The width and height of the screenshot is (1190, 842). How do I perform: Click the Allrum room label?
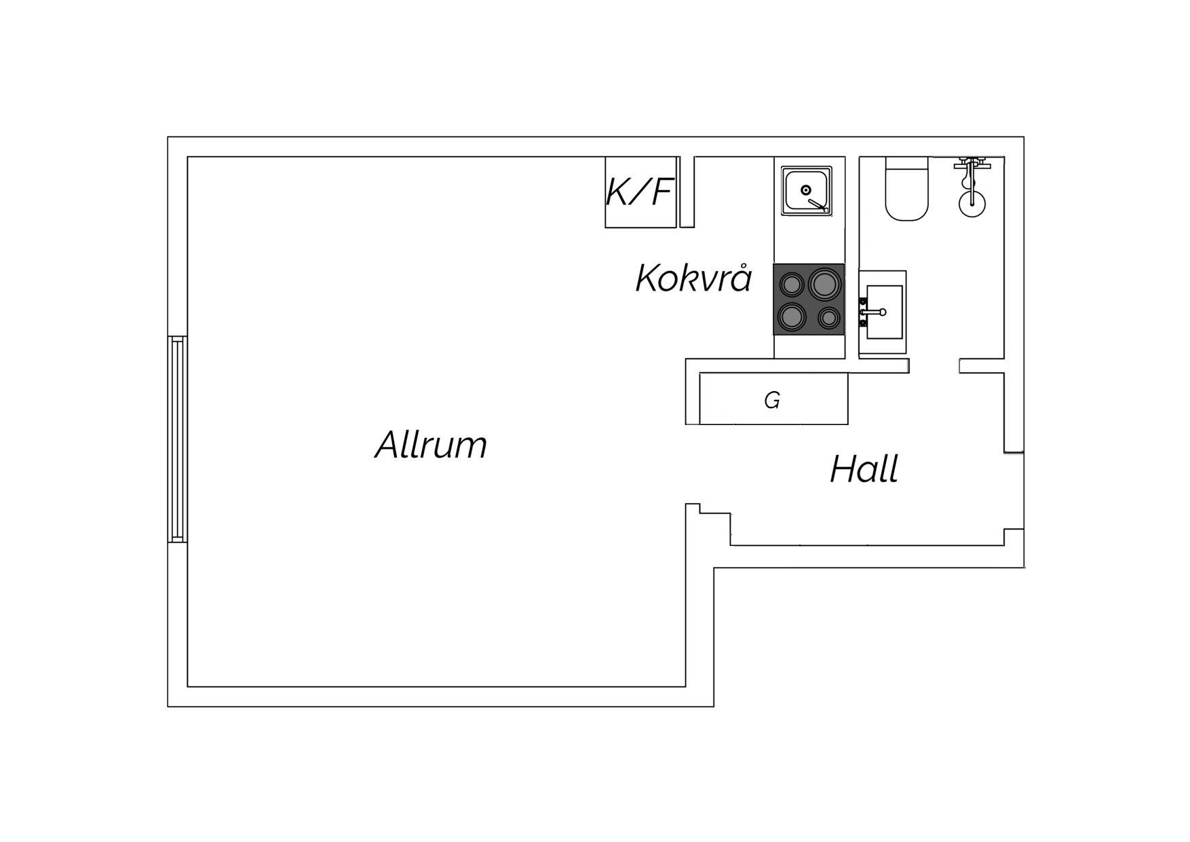431,445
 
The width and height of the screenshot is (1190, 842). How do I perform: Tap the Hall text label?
864,469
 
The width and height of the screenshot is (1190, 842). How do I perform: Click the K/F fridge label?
639,191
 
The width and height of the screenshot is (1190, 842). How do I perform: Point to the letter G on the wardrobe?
772,401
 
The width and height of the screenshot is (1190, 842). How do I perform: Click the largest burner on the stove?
824,285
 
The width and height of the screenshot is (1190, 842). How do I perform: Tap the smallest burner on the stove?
828,317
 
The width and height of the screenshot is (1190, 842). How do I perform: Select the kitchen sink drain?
806,190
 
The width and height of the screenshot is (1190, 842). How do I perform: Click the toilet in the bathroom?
906,188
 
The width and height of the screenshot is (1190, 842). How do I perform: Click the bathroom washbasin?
883,312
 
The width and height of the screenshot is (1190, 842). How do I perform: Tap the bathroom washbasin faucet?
873,312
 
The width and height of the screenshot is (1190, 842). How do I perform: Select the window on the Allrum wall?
178,439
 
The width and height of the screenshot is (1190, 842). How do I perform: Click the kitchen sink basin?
806,191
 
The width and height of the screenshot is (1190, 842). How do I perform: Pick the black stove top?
809,299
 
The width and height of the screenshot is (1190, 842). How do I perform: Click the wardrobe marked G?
773,399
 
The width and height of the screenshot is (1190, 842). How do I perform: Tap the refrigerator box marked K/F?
641,192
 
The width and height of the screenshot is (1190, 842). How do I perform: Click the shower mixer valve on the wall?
972,164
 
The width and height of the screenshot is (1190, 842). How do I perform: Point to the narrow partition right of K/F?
687,192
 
